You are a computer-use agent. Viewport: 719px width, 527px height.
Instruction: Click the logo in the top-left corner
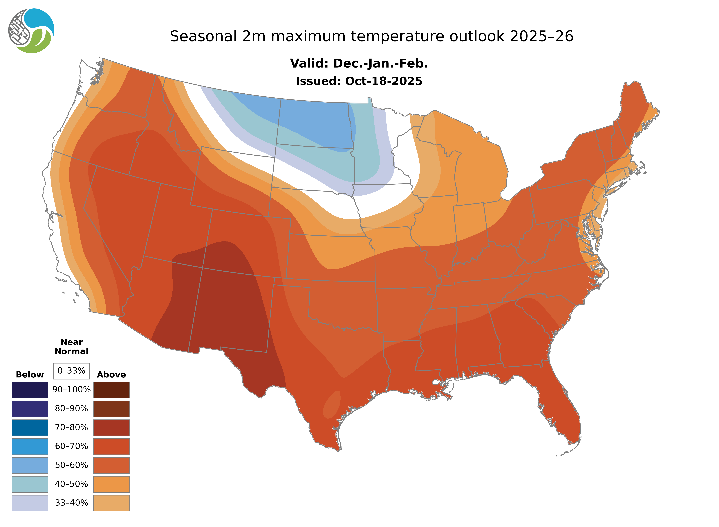[x=31, y=31]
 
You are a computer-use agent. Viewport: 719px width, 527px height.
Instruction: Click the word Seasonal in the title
[x=203, y=36]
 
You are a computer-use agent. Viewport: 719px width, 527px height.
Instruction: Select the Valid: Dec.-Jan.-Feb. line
[x=359, y=63]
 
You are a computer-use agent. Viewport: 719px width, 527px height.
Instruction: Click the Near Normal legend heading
[x=71, y=347]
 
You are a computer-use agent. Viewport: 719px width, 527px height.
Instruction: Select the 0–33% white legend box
[x=71, y=371]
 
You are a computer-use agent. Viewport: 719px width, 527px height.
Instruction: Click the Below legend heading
[x=30, y=375]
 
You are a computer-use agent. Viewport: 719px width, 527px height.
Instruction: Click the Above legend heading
[x=111, y=375]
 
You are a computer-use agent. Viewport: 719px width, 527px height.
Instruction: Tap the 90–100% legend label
[x=71, y=390]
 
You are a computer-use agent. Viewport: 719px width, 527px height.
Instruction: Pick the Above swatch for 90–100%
[x=111, y=390]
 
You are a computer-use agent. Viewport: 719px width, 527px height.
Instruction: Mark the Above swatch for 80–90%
[x=111, y=409]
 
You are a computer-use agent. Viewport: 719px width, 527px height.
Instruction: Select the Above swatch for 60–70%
[x=111, y=446]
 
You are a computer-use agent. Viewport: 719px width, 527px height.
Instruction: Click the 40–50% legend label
[x=71, y=484]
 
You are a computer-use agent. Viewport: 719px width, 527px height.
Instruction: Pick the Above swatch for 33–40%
[x=111, y=503]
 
